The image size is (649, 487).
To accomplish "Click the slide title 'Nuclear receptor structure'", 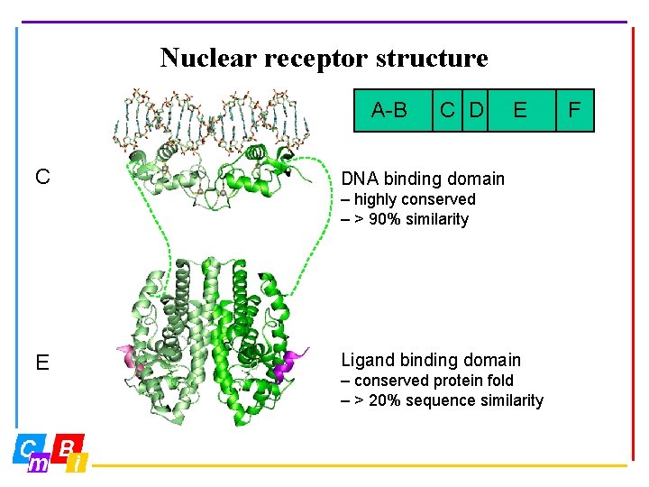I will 324,59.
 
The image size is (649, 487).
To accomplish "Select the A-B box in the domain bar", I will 389,111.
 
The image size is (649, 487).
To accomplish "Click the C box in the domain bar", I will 446,111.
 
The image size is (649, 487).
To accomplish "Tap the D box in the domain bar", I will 475,111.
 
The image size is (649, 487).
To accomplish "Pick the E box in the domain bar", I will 519,111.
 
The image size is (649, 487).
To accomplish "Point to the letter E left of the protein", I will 42,363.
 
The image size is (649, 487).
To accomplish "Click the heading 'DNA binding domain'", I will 422,179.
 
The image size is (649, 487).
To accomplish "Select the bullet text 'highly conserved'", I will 414,199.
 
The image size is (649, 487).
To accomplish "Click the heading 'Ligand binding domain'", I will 430,360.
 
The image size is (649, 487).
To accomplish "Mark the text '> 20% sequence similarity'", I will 448,400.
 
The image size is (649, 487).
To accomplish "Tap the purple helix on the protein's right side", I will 294,363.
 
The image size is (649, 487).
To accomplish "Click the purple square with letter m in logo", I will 39,464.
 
